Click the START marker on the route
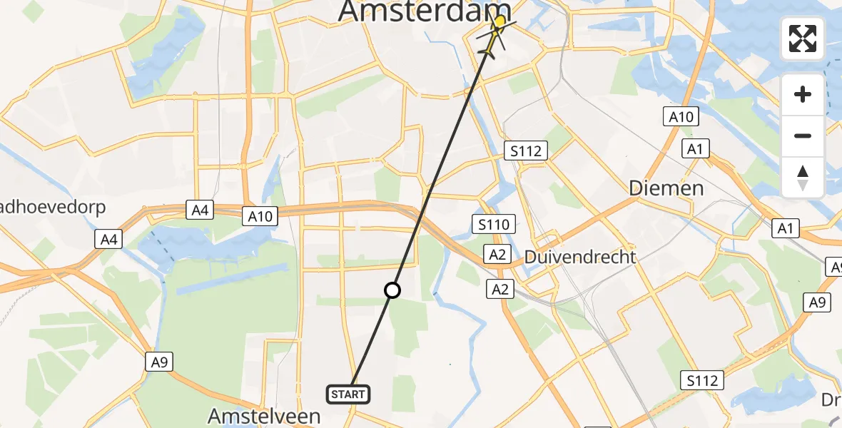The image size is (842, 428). (349, 394)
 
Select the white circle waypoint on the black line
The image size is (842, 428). (392, 290)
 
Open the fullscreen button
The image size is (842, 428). (803, 39)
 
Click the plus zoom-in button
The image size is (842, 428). (803, 94)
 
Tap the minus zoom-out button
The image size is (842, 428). (803, 136)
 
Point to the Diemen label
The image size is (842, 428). (666, 188)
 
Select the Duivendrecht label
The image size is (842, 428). (579, 258)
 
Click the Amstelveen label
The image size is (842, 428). (264, 416)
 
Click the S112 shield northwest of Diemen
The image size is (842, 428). (526, 151)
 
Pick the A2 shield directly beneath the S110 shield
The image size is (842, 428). (497, 253)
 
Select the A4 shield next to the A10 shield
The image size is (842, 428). (201, 210)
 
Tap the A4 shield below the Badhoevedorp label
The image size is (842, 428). (108, 239)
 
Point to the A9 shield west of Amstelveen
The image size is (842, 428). (159, 362)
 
